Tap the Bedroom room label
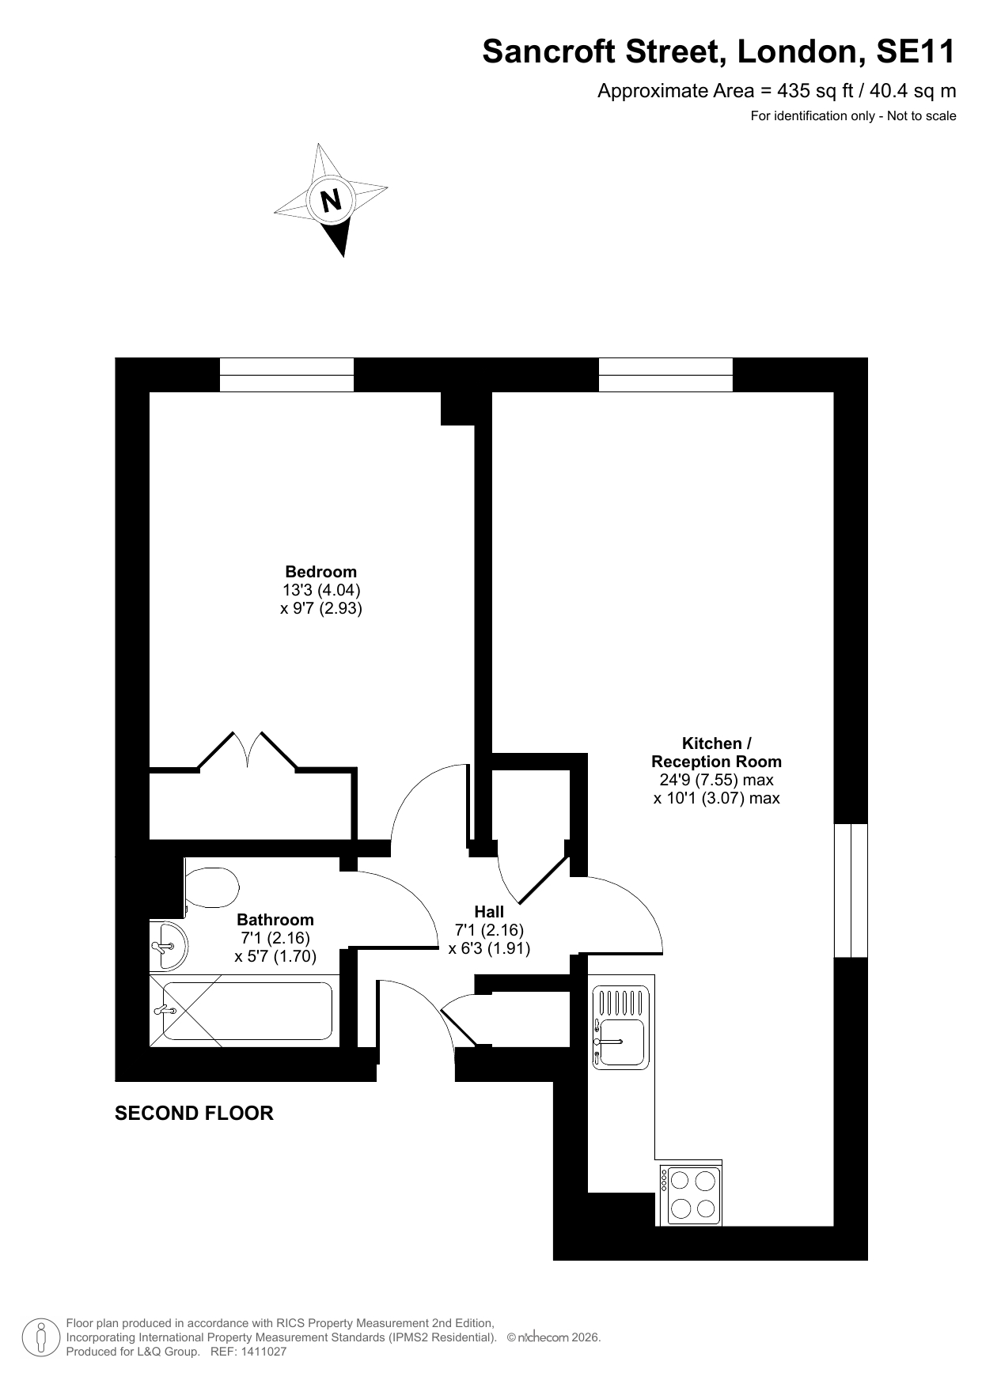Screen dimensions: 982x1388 (x=321, y=572)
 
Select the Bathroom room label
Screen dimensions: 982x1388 (x=275, y=920)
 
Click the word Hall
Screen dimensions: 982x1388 (x=489, y=912)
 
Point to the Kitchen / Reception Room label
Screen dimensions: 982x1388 (x=716, y=753)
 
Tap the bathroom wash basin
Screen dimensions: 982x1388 (x=169, y=946)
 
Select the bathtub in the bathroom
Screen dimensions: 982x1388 (x=245, y=1011)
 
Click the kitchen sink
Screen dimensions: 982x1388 (x=621, y=1027)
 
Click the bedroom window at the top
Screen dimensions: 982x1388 (x=286, y=375)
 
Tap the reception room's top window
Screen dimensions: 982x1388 (x=665, y=375)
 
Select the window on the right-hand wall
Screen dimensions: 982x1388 (x=851, y=891)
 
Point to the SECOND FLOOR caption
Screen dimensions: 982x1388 (x=194, y=1114)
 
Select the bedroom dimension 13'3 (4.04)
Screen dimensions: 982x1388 (x=321, y=590)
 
